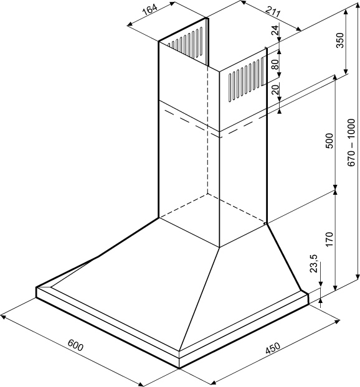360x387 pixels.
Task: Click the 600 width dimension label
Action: [x=75, y=345]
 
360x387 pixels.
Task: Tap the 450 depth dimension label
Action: [x=273, y=348]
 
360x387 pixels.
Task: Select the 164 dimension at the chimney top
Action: [x=150, y=11]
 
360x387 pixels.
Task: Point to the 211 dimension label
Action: [x=273, y=11]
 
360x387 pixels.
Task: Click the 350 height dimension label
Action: [x=340, y=40]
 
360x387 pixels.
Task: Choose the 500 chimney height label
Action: [x=329, y=141]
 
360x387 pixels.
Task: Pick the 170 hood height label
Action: [x=329, y=239]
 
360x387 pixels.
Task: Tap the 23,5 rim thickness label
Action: [x=314, y=264]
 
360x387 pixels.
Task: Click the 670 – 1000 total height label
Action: [x=351, y=142]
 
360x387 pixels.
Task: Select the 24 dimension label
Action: [x=275, y=30]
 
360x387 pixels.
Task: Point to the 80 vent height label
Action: [x=275, y=64]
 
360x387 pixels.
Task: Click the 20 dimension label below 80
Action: [x=275, y=90]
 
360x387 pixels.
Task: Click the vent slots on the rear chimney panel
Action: [x=185, y=42]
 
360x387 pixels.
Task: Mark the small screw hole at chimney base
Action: [x=265, y=223]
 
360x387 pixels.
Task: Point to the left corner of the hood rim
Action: [x=36, y=287]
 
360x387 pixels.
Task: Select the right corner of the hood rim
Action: [x=308, y=294]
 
